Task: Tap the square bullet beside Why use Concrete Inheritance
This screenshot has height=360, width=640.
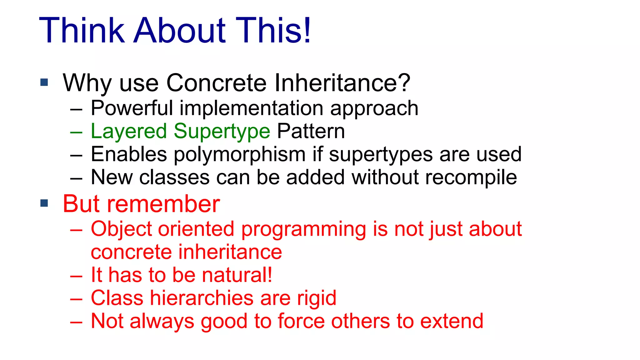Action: click(x=44, y=82)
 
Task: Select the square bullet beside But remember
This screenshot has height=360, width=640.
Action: click(x=44, y=203)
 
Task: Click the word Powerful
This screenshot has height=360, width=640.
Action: click(x=132, y=108)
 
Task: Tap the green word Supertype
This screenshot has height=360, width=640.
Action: click(x=222, y=131)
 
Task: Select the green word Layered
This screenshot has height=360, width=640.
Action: click(x=129, y=131)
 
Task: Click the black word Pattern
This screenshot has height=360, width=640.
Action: click(x=311, y=131)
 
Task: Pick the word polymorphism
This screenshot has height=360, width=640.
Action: click(x=239, y=154)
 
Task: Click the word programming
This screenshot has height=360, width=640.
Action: click(x=303, y=229)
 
